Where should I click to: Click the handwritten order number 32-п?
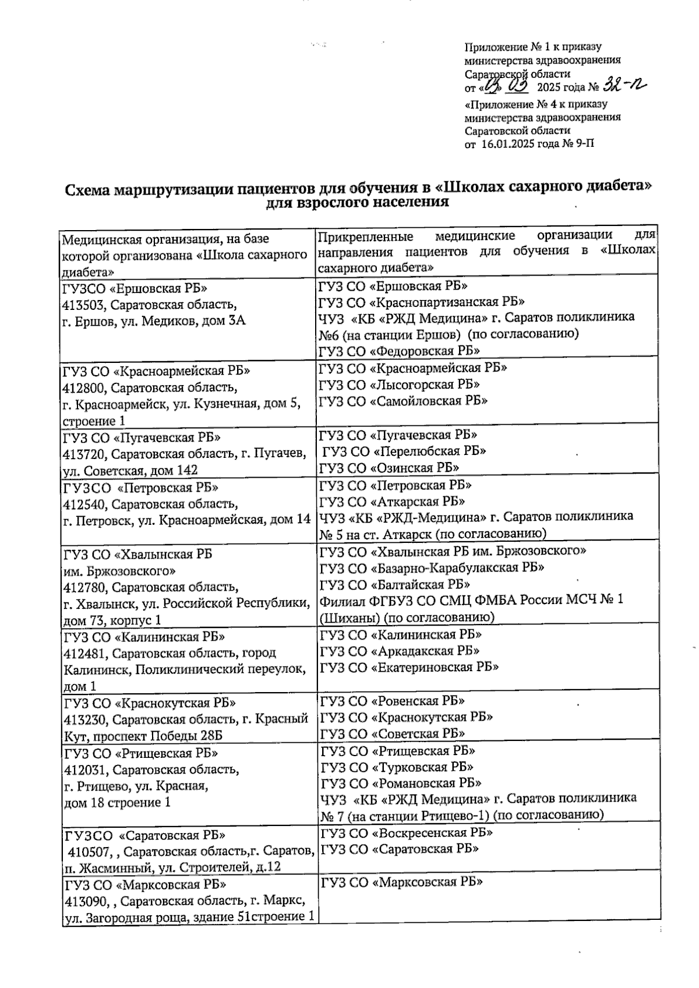[625, 87]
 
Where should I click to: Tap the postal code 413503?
[84, 305]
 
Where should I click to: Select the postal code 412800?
[84, 388]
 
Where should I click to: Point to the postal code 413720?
[84, 454]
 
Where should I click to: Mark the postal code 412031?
[86, 770]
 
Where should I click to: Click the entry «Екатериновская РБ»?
[435, 667]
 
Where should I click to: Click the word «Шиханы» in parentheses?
[349, 617]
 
